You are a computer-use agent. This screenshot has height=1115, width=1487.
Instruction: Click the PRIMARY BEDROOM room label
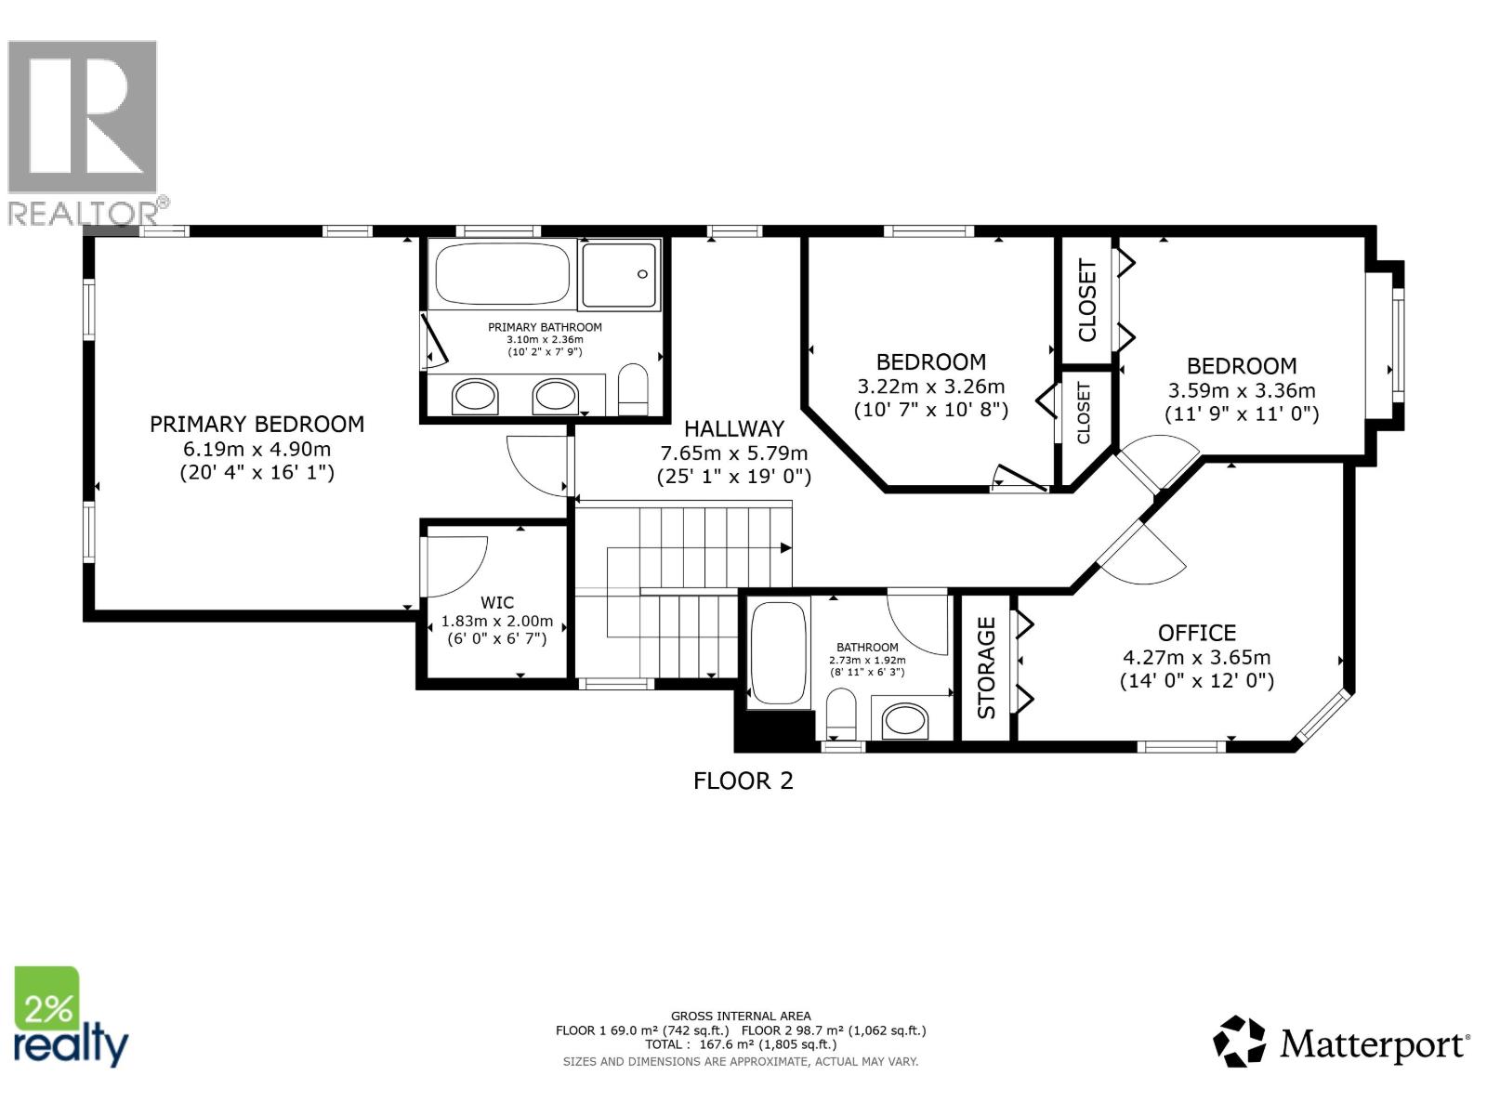pos(257,425)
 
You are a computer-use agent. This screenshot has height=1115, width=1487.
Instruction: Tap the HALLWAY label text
pos(733,429)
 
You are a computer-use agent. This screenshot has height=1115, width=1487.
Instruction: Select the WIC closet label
pos(497,603)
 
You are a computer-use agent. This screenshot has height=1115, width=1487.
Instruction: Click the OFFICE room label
pos(1196,633)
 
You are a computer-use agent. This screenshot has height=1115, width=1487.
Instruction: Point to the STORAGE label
pos(986,667)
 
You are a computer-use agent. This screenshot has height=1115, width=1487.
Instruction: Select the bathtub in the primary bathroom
pos(502,273)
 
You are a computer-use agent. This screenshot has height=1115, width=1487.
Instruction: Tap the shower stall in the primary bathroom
pos(620,274)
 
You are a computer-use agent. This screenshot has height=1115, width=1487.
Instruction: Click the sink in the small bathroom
pos(904,720)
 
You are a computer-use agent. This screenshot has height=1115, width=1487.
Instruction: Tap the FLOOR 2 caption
pos(743,780)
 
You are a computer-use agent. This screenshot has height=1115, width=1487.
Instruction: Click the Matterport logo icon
pos(1239,1042)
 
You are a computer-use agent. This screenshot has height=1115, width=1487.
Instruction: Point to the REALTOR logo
pos(84,130)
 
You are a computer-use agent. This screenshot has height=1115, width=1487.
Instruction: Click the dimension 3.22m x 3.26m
pos(930,387)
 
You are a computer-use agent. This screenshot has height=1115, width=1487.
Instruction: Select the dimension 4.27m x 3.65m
pos(1196,657)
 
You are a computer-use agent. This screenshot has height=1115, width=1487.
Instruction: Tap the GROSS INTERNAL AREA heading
pos(741,1016)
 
